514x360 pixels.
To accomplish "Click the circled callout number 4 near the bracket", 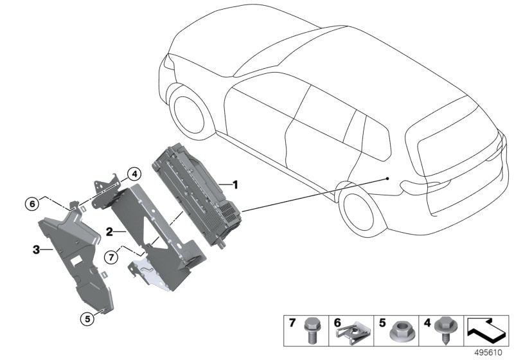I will point(133,174).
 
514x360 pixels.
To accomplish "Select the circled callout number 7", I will point(112,257).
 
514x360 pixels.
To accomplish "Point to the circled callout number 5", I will point(85,316).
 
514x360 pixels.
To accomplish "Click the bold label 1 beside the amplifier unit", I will point(235,185).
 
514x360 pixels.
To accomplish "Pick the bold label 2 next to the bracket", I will point(110,230).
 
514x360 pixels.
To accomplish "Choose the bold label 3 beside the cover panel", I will point(37,249).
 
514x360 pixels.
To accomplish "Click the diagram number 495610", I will point(489,353).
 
